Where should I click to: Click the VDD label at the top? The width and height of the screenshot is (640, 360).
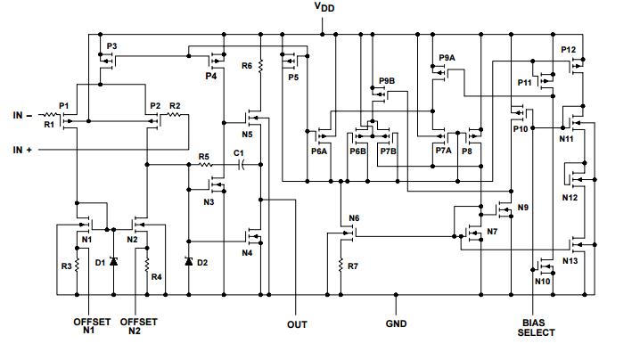pos(326,8)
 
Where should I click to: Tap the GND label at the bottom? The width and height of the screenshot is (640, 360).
pos(396,323)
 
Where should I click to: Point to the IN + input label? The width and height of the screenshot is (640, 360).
pos(23,151)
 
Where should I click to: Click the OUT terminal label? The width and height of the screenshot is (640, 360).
pos(297,324)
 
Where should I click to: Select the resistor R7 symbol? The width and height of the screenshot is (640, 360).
pos(341,266)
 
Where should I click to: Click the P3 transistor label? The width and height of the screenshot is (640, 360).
pos(111,45)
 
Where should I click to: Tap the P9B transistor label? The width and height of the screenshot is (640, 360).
pos(386,81)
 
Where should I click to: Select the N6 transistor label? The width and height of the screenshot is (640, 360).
pos(354,218)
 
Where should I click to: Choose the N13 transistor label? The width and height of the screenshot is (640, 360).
pos(570,261)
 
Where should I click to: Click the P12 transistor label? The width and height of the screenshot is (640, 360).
pos(569,49)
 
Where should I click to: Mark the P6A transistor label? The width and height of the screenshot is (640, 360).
pos(319,151)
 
